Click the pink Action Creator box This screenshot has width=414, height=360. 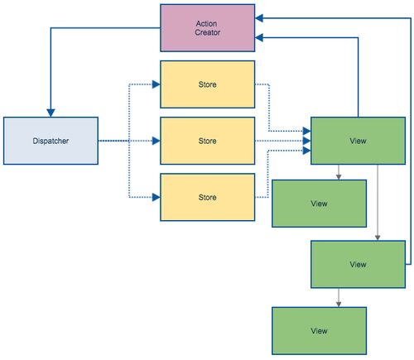[x=207, y=28]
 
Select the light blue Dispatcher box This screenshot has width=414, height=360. [x=51, y=141]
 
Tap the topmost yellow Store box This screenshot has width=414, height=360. [x=207, y=84]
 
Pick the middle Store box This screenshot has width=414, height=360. [x=207, y=141]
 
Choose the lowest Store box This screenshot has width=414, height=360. [x=207, y=197]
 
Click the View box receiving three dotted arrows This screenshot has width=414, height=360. [x=358, y=141]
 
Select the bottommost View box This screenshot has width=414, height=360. [x=319, y=331]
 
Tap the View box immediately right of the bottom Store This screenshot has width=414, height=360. [x=319, y=204]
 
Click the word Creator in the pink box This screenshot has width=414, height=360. [x=208, y=32]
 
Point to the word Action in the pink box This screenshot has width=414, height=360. [x=206, y=24]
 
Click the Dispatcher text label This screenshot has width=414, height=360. [x=51, y=141]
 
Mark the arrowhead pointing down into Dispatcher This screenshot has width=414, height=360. [x=51, y=113]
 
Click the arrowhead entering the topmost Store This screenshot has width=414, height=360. [x=156, y=84]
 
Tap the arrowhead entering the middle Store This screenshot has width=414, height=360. [x=156, y=141]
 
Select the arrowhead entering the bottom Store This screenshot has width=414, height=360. [x=156, y=197]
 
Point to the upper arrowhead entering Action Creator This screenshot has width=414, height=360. [x=259, y=18]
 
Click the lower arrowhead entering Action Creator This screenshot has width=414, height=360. [x=259, y=37]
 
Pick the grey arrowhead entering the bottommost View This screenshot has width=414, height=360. [x=339, y=304]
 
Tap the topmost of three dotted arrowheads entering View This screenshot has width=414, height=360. [x=307, y=131]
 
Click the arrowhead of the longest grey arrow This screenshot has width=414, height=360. [x=378, y=238]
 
